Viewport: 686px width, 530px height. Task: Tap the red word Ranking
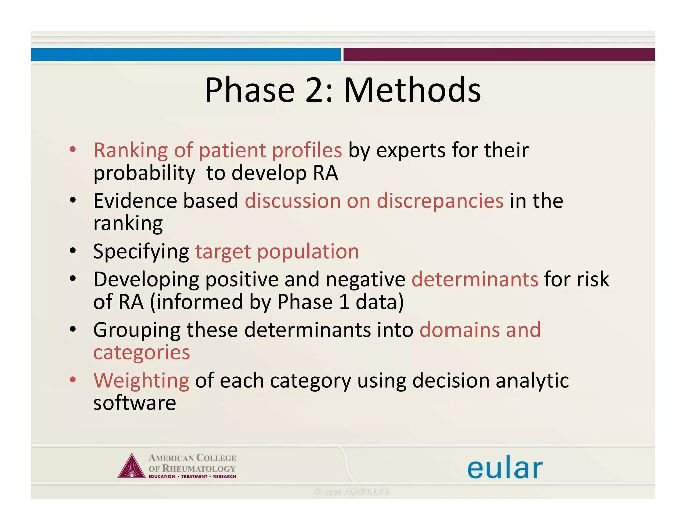point(130,151)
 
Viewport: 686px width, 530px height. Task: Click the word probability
point(144,174)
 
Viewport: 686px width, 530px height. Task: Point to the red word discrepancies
point(440,201)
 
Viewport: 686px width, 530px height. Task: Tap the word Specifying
point(141,252)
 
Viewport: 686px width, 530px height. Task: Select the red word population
point(308,252)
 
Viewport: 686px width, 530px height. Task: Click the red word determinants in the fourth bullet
point(475,279)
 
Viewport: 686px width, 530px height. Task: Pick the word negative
point(365,279)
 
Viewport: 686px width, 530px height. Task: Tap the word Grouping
point(137,330)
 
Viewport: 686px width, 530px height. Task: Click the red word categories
point(142,353)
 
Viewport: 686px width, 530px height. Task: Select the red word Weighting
point(141,381)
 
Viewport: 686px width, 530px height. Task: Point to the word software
point(134,403)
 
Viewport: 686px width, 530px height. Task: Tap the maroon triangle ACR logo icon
point(132,467)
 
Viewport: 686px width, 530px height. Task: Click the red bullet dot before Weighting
point(73,380)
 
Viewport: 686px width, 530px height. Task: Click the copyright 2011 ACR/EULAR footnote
point(352,492)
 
